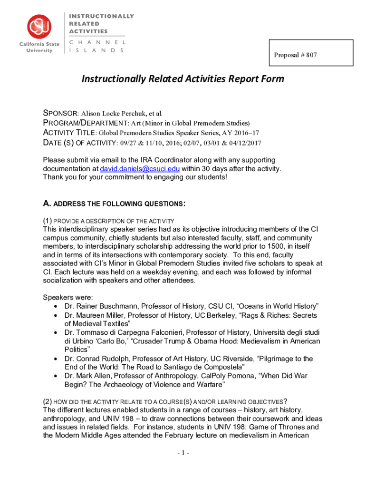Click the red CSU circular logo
39,27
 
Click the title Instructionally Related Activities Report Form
183,78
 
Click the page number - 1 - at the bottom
183,453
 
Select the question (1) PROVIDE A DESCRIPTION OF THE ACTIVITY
109,221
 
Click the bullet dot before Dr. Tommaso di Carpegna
57,333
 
